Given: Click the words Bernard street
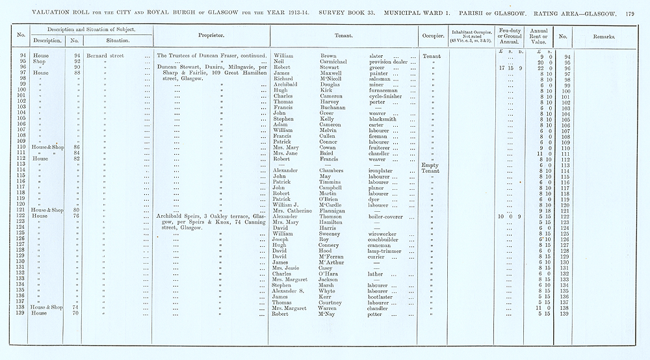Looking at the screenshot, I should pyautogui.click(x=104, y=57).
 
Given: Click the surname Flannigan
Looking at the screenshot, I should pyautogui.click(x=337, y=210).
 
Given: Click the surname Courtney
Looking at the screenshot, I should pyautogui.click(x=336, y=302).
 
